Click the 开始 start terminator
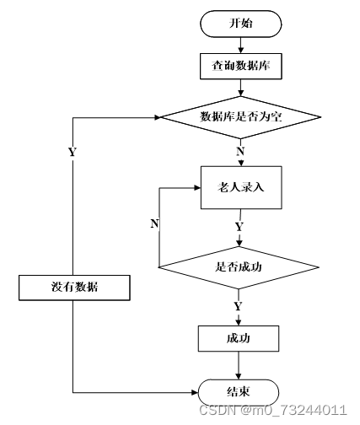[x=241, y=24]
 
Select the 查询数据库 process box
[x=241, y=67]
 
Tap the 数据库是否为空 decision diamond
[x=240, y=117]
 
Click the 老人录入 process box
[x=241, y=187]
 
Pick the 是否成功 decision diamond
[x=239, y=267]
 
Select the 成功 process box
[x=239, y=338]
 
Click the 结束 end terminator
[x=239, y=392]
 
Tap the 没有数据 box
[x=74, y=288]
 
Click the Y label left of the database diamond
[x=73, y=152]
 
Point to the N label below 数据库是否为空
[x=240, y=152]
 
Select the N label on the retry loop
[x=154, y=223]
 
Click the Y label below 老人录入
[x=239, y=227]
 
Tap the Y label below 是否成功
[x=238, y=306]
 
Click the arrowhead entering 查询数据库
[x=241, y=50]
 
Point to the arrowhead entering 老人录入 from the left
[x=197, y=188]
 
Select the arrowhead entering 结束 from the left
[x=195, y=392]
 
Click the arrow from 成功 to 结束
[x=239, y=365]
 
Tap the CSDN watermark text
[x=273, y=410]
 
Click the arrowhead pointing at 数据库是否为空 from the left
[x=157, y=117]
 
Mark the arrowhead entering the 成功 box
[x=239, y=322]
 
